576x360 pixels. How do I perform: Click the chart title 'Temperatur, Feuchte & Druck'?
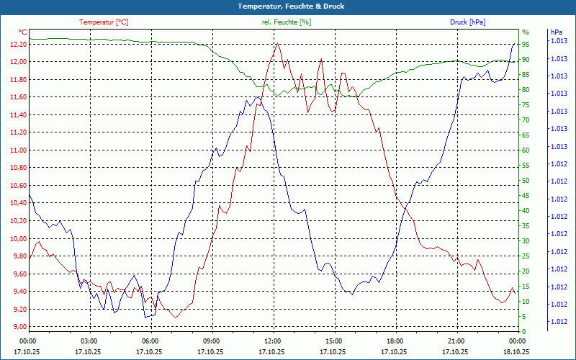(x=287, y=6)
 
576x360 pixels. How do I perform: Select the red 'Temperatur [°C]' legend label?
(x=104, y=22)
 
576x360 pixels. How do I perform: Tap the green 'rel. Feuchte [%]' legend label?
(x=286, y=22)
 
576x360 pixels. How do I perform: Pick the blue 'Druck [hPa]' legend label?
(x=467, y=22)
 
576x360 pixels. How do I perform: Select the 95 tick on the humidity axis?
(x=526, y=44)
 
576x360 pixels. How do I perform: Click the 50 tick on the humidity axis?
(x=526, y=180)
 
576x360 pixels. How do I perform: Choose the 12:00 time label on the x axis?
(x=273, y=341)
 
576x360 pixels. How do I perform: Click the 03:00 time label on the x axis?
(x=89, y=341)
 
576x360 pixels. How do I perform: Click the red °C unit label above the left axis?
(x=23, y=32)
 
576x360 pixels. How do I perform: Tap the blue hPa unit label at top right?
(x=555, y=32)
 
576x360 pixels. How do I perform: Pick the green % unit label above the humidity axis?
(x=525, y=32)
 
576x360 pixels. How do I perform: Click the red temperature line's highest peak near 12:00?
(x=277, y=43)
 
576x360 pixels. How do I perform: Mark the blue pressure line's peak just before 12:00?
(x=258, y=96)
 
